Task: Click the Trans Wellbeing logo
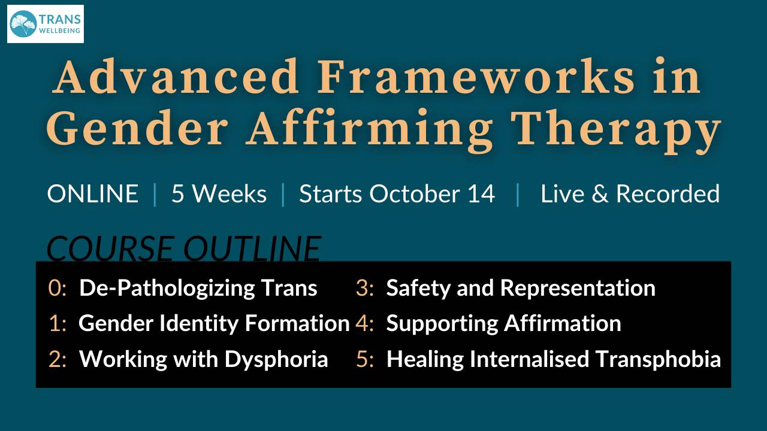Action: coord(46,24)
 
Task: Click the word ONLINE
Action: coord(93,194)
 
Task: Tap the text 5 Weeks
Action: coord(219,194)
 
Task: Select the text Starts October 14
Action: coord(397,194)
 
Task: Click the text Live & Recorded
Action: coord(630,194)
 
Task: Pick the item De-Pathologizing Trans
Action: coord(198,288)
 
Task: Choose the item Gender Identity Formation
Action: coord(214,323)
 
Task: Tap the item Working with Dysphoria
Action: coord(203,359)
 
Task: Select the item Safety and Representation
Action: coord(520,288)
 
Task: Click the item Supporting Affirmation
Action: coord(503,323)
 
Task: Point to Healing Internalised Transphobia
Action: coord(553,359)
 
